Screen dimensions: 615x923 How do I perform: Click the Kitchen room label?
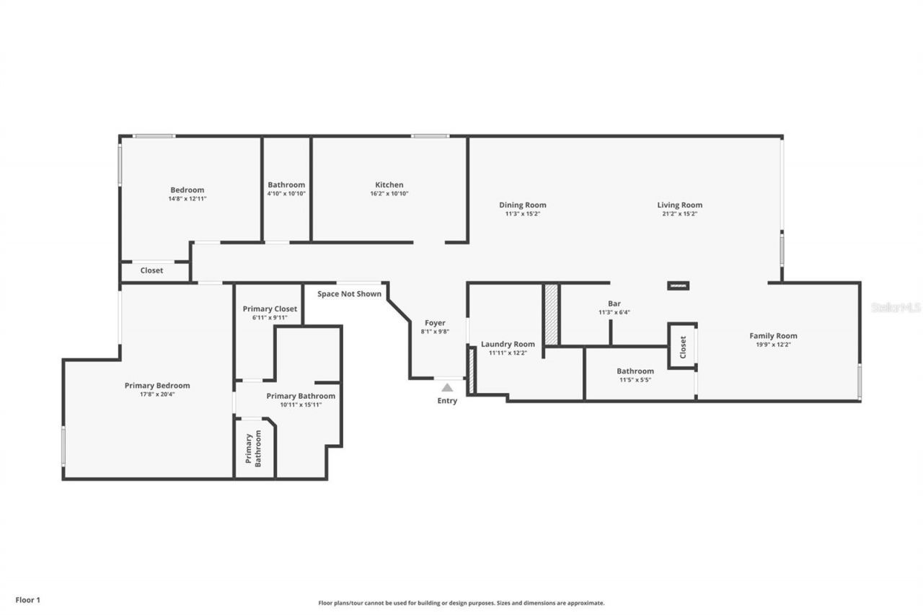click(x=389, y=185)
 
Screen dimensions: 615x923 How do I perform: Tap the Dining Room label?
click(x=523, y=205)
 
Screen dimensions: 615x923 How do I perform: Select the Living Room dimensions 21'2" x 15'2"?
click(x=679, y=214)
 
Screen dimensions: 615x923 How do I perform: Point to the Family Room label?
click(x=773, y=336)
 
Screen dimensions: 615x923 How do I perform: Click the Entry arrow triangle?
click(x=447, y=388)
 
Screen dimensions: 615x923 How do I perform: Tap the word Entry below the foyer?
click(x=447, y=401)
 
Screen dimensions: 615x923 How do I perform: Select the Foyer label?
click(x=435, y=323)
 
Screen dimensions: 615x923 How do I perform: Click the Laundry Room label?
click(x=508, y=344)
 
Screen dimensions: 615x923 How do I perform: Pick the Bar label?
click(x=614, y=304)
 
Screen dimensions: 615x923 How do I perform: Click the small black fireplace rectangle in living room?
click(x=678, y=286)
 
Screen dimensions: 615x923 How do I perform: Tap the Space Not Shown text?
click(x=350, y=293)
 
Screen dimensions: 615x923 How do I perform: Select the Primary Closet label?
click(x=270, y=309)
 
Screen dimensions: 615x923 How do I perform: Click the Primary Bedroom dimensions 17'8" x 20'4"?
click(x=157, y=394)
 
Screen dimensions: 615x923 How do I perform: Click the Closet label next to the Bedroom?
click(x=151, y=270)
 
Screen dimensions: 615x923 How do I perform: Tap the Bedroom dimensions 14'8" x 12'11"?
click(x=187, y=199)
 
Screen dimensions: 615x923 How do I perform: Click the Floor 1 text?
click(x=28, y=599)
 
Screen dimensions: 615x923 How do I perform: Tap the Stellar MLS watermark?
click(x=896, y=307)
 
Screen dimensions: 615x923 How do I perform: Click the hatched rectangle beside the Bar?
click(x=552, y=314)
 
